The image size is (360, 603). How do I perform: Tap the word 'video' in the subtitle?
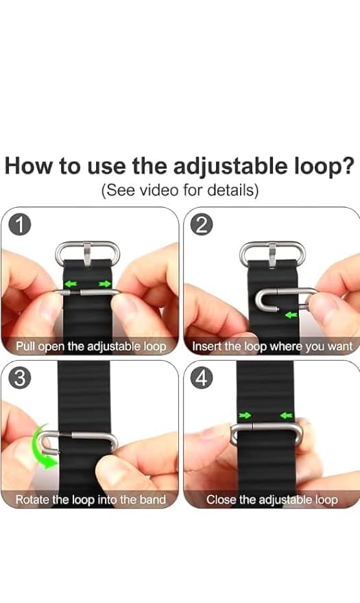[x=156, y=190]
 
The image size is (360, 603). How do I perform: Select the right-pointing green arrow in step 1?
[x=104, y=283]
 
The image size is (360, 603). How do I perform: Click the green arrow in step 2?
[x=291, y=315]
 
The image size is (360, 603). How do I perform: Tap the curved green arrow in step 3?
[x=43, y=453]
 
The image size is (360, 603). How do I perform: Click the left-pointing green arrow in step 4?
[x=286, y=415]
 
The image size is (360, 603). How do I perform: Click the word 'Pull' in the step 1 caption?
[x=27, y=346]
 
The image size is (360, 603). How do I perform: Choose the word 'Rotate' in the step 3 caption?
[x=33, y=499]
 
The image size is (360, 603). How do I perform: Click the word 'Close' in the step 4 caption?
[x=221, y=499]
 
